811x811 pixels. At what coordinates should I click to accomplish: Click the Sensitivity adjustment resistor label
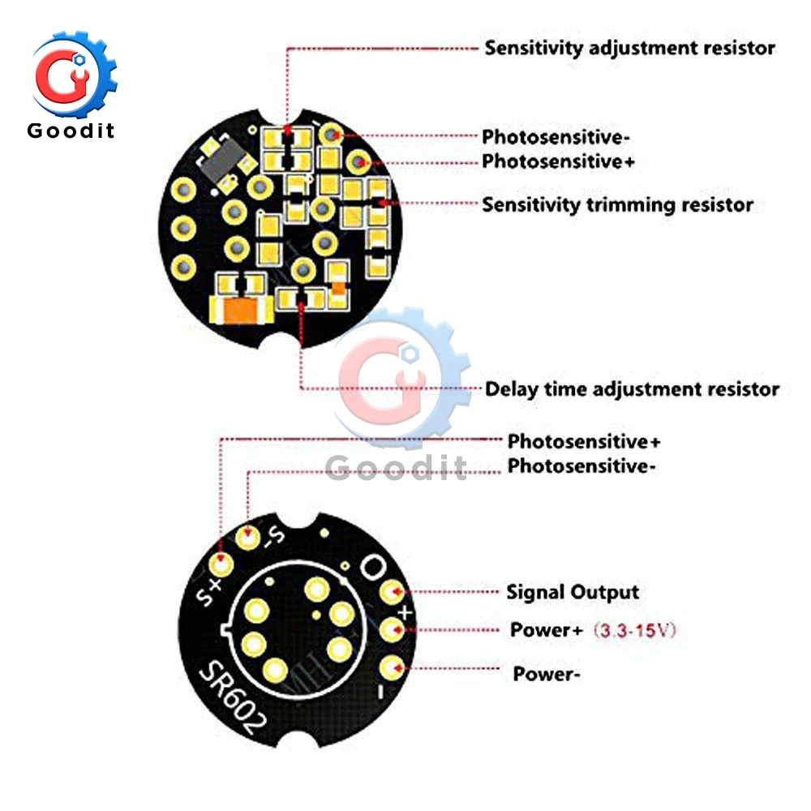629,48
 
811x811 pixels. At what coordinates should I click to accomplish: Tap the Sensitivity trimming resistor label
617,205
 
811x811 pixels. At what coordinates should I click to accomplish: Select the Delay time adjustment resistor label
632,389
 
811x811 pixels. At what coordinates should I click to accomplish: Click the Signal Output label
573,592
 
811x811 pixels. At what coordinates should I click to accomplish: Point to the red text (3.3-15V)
635,630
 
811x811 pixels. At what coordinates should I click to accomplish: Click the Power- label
546,674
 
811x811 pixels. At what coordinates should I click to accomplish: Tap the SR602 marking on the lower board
233,697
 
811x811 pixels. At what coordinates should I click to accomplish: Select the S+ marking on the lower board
209,592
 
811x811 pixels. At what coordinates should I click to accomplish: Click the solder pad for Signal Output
392,591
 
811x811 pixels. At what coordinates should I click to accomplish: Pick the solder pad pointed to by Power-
392,667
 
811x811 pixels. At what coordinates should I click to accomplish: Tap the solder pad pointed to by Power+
392,630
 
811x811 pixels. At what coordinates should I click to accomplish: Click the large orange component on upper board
241,311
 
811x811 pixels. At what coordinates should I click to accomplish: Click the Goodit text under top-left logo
71,131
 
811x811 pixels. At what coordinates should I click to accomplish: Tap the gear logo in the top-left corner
74,74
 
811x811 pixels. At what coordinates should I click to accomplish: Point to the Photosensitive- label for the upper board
556,137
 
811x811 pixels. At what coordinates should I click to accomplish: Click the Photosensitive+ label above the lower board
583,441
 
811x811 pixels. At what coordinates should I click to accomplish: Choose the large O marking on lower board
372,568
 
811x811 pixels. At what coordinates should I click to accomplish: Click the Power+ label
546,630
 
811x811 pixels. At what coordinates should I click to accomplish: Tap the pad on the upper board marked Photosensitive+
358,162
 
